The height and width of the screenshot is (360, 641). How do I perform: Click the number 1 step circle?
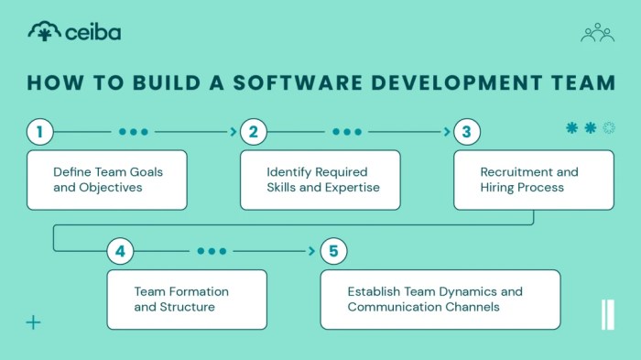[39, 132]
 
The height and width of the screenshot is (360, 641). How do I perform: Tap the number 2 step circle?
[253, 132]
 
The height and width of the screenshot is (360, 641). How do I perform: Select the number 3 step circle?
[466, 132]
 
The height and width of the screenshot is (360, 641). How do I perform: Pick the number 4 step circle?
[121, 250]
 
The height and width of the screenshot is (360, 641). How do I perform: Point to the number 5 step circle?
[333, 250]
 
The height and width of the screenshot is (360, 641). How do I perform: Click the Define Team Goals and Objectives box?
[106, 180]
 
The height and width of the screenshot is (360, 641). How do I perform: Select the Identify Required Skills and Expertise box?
[320, 180]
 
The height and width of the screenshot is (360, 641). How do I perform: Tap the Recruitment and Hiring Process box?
[534, 180]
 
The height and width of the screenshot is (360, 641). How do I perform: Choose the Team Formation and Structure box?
[187, 299]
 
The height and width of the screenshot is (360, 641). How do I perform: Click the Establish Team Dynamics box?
[440, 299]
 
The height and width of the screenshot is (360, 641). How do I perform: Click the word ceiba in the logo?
[93, 33]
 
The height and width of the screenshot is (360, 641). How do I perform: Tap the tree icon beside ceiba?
[42, 32]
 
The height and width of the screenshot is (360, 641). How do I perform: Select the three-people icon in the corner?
[597, 33]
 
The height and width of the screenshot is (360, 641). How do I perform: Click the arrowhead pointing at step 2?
[234, 132]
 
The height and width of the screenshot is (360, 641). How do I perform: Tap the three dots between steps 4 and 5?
[212, 250]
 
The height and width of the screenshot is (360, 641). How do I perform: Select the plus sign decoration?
[33, 322]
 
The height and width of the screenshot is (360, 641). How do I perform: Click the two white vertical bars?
[607, 314]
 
